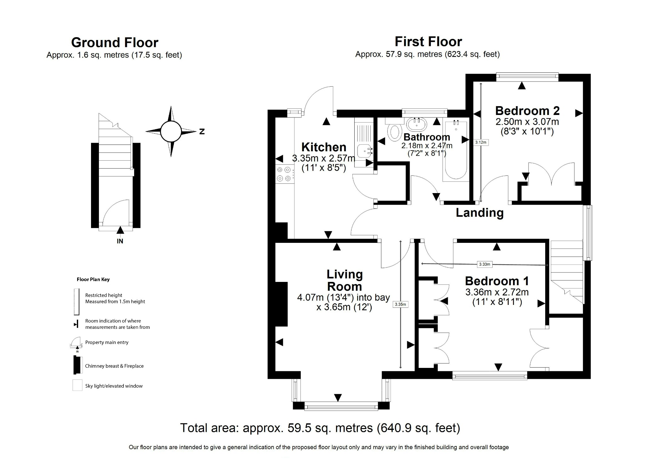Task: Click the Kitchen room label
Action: (x=323, y=147)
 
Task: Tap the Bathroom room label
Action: (x=426, y=137)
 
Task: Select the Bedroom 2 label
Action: (x=527, y=111)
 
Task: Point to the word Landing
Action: (x=479, y=213)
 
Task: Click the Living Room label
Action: (x=344, y=280)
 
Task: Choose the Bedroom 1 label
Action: (x=497, y=281)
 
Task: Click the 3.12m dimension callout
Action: (x=481, y=142)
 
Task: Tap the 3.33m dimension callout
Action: (x=484, y=264)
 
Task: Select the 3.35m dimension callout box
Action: (x=400, y=304)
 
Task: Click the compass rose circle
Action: (x=171, y=131)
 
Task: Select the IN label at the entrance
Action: (x=120, y=241)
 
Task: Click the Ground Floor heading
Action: (x=115, y=43)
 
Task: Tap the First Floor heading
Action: (x=428, y=42)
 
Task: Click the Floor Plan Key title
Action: (x=93, y=279)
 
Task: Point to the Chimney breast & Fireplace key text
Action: (x=114, y=366)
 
